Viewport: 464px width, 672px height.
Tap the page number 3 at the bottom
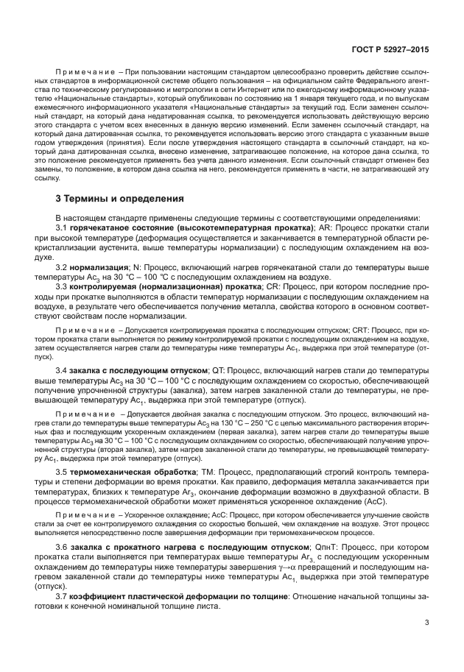426,623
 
